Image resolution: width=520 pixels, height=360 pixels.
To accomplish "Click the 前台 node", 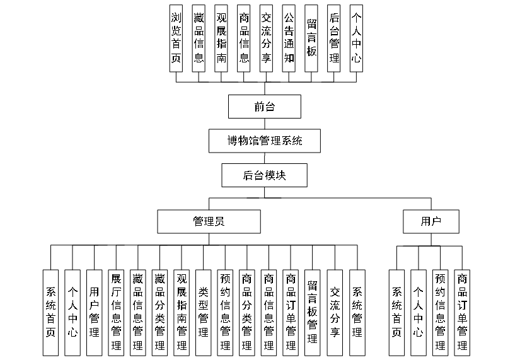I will click(x=265, y=107).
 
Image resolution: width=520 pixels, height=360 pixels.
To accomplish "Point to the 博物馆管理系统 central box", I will click(x=264, y=141).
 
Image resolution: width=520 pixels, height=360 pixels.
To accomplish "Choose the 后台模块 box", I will click(x=264, y=175).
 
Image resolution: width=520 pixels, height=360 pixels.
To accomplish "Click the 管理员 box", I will click(x=209, y=221).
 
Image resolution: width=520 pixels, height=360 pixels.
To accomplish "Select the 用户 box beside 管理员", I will click(x=431, y=221).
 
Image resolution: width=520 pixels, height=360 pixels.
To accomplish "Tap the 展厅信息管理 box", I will click(x=116, y=311).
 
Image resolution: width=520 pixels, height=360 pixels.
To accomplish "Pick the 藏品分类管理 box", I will click(x=160, y=311).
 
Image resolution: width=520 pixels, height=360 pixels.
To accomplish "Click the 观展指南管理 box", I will click(x=182, y=311).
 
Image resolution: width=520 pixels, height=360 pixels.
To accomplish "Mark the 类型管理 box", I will click(x=204, y=311).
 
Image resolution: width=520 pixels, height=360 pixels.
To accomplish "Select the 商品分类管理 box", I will click(x=247, y=311).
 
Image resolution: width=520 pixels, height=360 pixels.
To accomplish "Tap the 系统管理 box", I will click(x=357, y=311).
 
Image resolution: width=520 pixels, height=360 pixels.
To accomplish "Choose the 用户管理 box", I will click(x=95, y=311).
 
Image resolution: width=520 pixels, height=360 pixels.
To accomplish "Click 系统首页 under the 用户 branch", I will click(x=396, y=311).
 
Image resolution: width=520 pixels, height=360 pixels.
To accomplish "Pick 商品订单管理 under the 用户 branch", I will click(x=462, y=311).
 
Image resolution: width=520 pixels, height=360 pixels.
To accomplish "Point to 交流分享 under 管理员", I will click(x=335, y=311).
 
